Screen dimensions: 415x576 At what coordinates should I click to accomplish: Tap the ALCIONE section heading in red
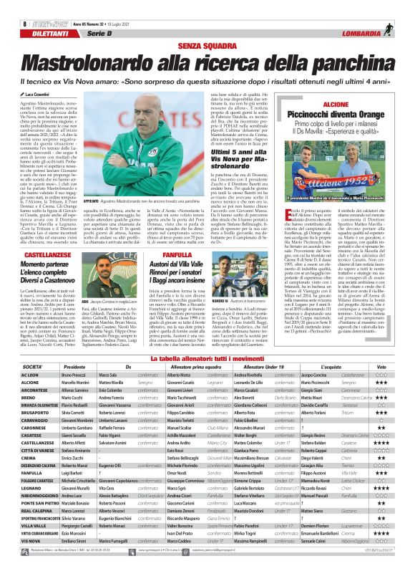(x=336, y=105)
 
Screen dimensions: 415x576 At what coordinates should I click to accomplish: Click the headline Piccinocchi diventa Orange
(x=336, y=115)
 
